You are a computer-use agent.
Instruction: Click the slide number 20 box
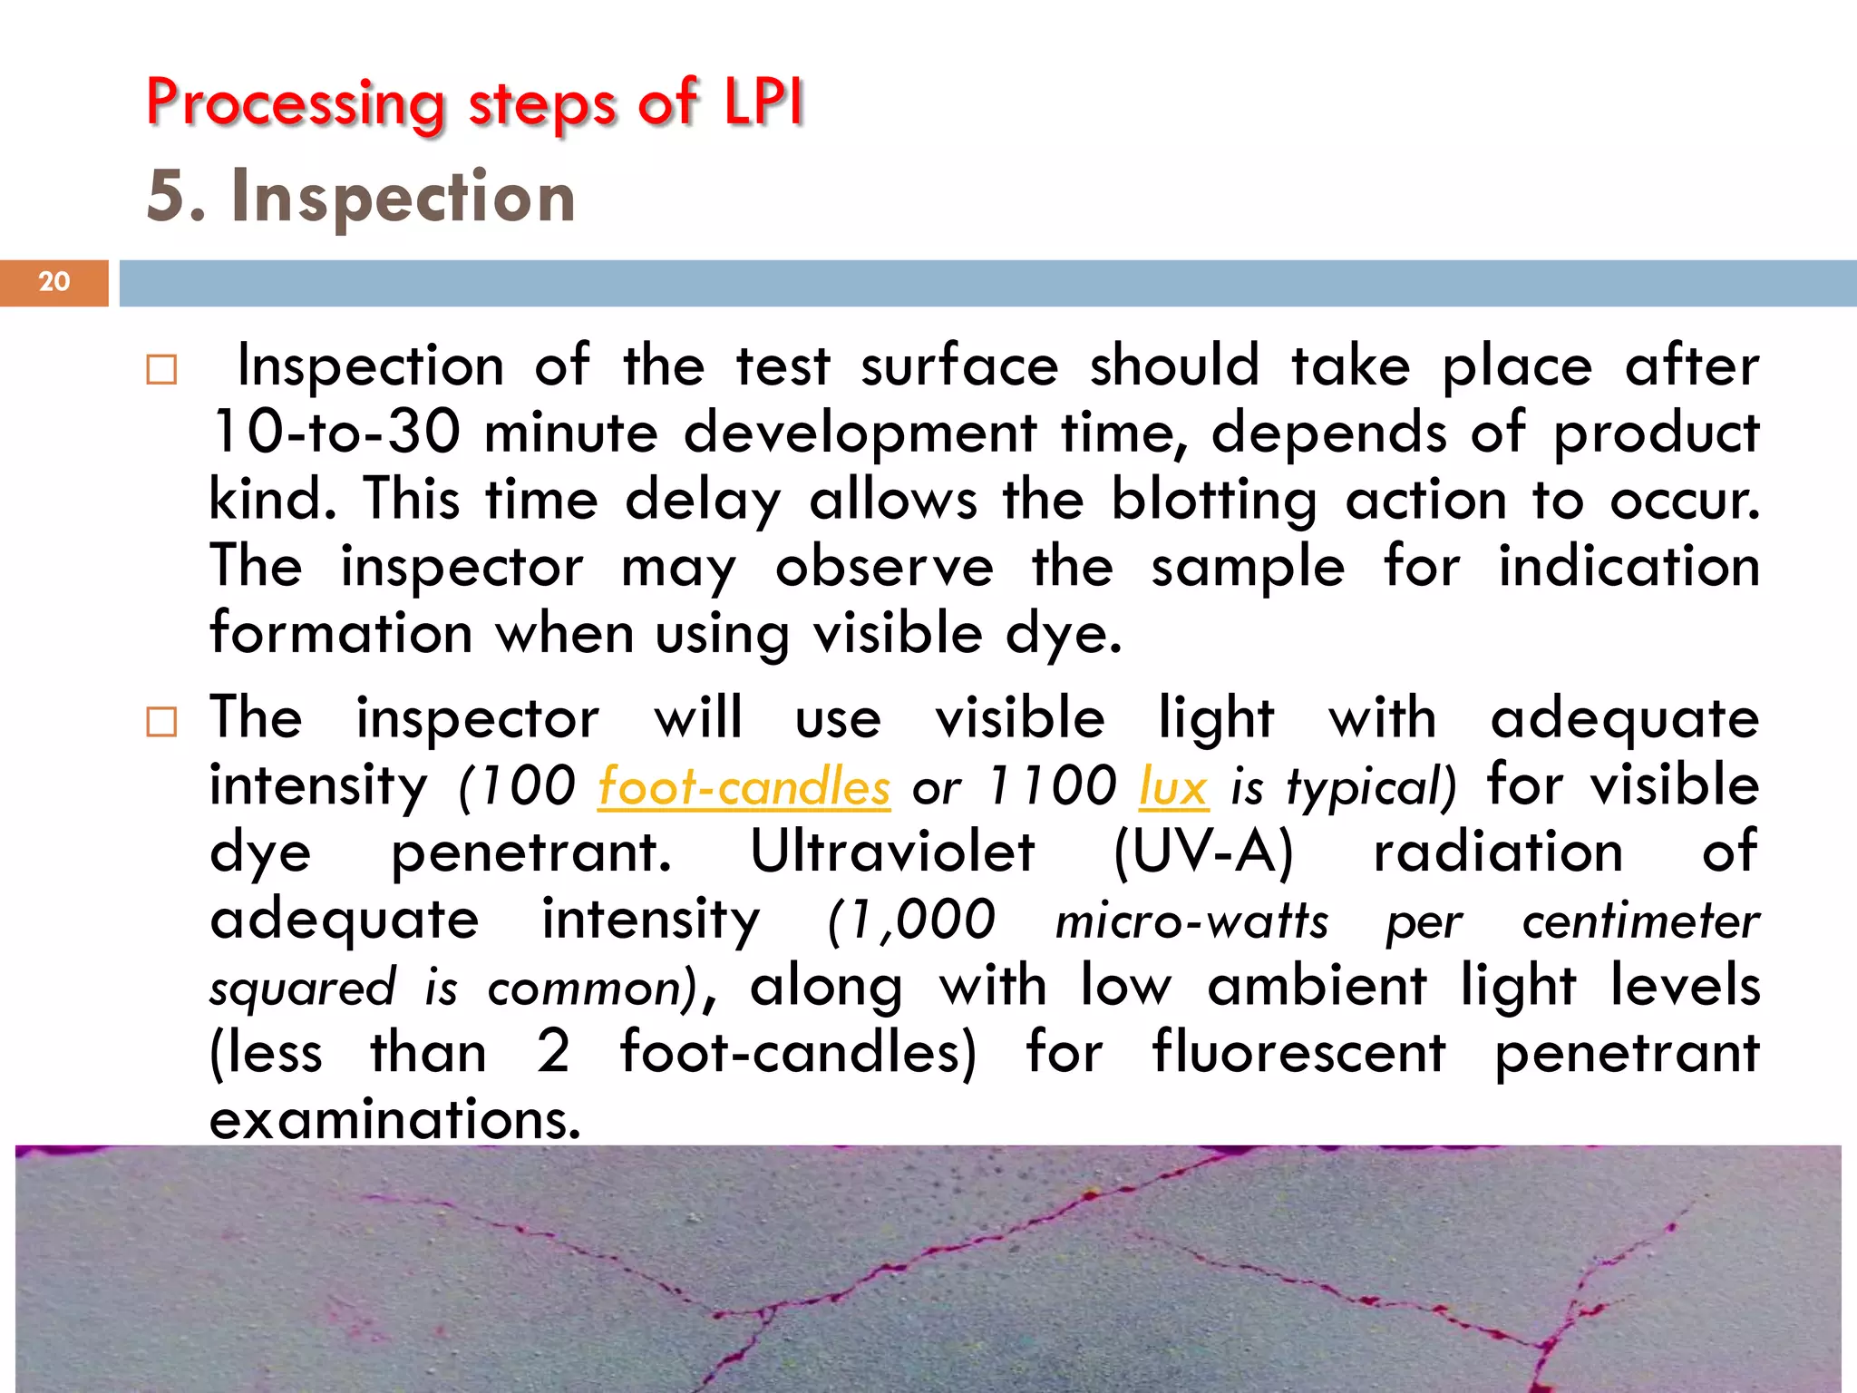(x=54, y=282)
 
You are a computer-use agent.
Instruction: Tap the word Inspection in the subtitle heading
(x=403, y=197)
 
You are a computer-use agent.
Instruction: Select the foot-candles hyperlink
(x=744, y=786)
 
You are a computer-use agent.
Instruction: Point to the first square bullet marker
(x=161, y=369)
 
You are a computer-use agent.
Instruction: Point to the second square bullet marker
(x=161, y=722)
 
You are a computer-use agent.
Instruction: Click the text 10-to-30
(x=335, y=433)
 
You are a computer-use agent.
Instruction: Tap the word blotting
(x=1214, y=501)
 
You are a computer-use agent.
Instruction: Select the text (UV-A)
(x=1203, y=852)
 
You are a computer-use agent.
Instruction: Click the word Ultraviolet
(x=892, y=852)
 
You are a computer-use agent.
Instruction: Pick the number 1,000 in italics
(x=912, y=921)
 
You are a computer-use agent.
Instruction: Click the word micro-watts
(x=1191, y=921)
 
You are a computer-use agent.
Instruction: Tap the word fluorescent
(x=1298, y=1053)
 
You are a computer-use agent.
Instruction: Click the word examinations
(x=394, y=1120)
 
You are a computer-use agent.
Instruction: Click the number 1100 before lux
(x=1052, y=785)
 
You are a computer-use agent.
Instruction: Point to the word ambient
(x=1317, y=987)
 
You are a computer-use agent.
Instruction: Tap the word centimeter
(x=1640, y=921)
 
